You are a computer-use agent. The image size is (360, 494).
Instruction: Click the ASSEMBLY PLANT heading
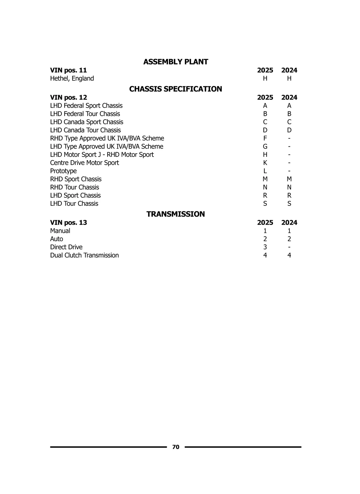175,62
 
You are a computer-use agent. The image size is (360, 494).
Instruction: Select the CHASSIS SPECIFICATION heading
175,89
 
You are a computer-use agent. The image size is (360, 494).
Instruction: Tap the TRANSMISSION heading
175,214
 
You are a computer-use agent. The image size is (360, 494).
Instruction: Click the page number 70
176,447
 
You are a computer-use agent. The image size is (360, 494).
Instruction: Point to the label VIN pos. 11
68,70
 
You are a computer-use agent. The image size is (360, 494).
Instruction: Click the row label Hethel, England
72,79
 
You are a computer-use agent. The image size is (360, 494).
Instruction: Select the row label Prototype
63,171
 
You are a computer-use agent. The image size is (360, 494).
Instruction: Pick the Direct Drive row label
66,247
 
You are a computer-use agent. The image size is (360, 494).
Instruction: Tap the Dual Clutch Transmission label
84,255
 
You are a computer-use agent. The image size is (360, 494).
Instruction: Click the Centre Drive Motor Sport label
84,163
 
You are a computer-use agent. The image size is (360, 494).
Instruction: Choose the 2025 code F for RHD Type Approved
265,138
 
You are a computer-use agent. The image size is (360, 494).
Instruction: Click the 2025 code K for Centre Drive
265,163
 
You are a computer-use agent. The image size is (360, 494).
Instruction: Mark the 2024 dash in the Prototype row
289,171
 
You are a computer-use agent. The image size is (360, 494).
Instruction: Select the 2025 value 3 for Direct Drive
265,247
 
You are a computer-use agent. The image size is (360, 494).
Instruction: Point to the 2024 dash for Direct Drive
289,247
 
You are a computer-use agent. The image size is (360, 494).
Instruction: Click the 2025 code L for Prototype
265,171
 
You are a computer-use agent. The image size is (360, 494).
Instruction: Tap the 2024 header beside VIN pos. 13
289,223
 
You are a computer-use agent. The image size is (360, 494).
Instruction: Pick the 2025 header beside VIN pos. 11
265,70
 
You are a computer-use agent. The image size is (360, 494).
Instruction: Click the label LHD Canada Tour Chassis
85,130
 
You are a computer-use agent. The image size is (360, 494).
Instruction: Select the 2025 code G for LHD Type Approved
265,146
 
